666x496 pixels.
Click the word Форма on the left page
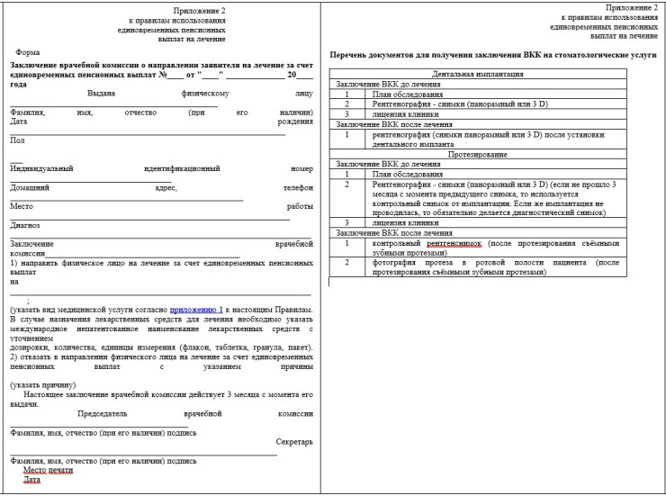pos(28,53)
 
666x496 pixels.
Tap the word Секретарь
pos(294,442)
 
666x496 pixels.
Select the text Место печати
pos(48,470)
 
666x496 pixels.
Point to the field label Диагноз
pos(25,225)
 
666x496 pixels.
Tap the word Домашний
pos(30,187)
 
